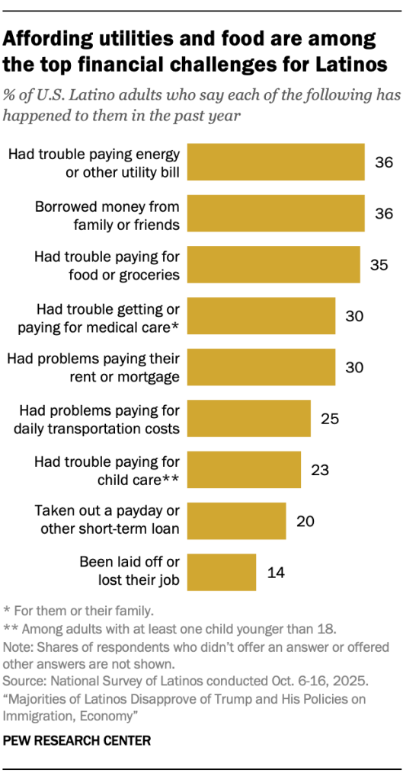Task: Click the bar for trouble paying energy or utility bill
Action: coord(276,162)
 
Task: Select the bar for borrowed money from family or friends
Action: coord(276,214)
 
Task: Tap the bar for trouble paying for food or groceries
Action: coord(273,265)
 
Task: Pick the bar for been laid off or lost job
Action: coord(222,572)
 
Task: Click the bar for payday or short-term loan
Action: coord(236,521)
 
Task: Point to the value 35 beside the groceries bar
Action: coord(379,265)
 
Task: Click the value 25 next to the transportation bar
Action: coord(329,419)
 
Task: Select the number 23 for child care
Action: coord(319,470)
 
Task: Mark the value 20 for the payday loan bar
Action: coord(305,521)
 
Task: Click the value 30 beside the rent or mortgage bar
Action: coord(354,367)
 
